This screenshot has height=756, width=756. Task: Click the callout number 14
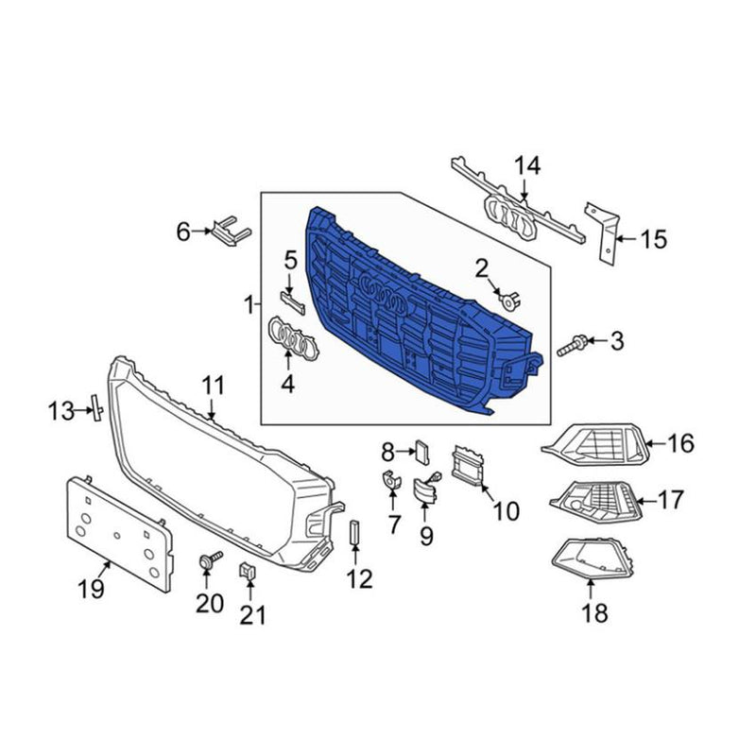527,166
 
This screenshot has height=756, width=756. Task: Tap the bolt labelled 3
573,345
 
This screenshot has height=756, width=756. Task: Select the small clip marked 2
510,300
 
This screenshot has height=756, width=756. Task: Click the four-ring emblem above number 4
293,338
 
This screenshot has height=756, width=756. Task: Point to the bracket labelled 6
231,231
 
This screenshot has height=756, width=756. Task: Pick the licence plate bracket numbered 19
119,534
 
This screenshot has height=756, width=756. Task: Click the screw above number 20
210,560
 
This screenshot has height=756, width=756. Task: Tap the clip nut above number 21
248,571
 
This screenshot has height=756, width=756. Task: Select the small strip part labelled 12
354,531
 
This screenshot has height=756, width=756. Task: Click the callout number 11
214,387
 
